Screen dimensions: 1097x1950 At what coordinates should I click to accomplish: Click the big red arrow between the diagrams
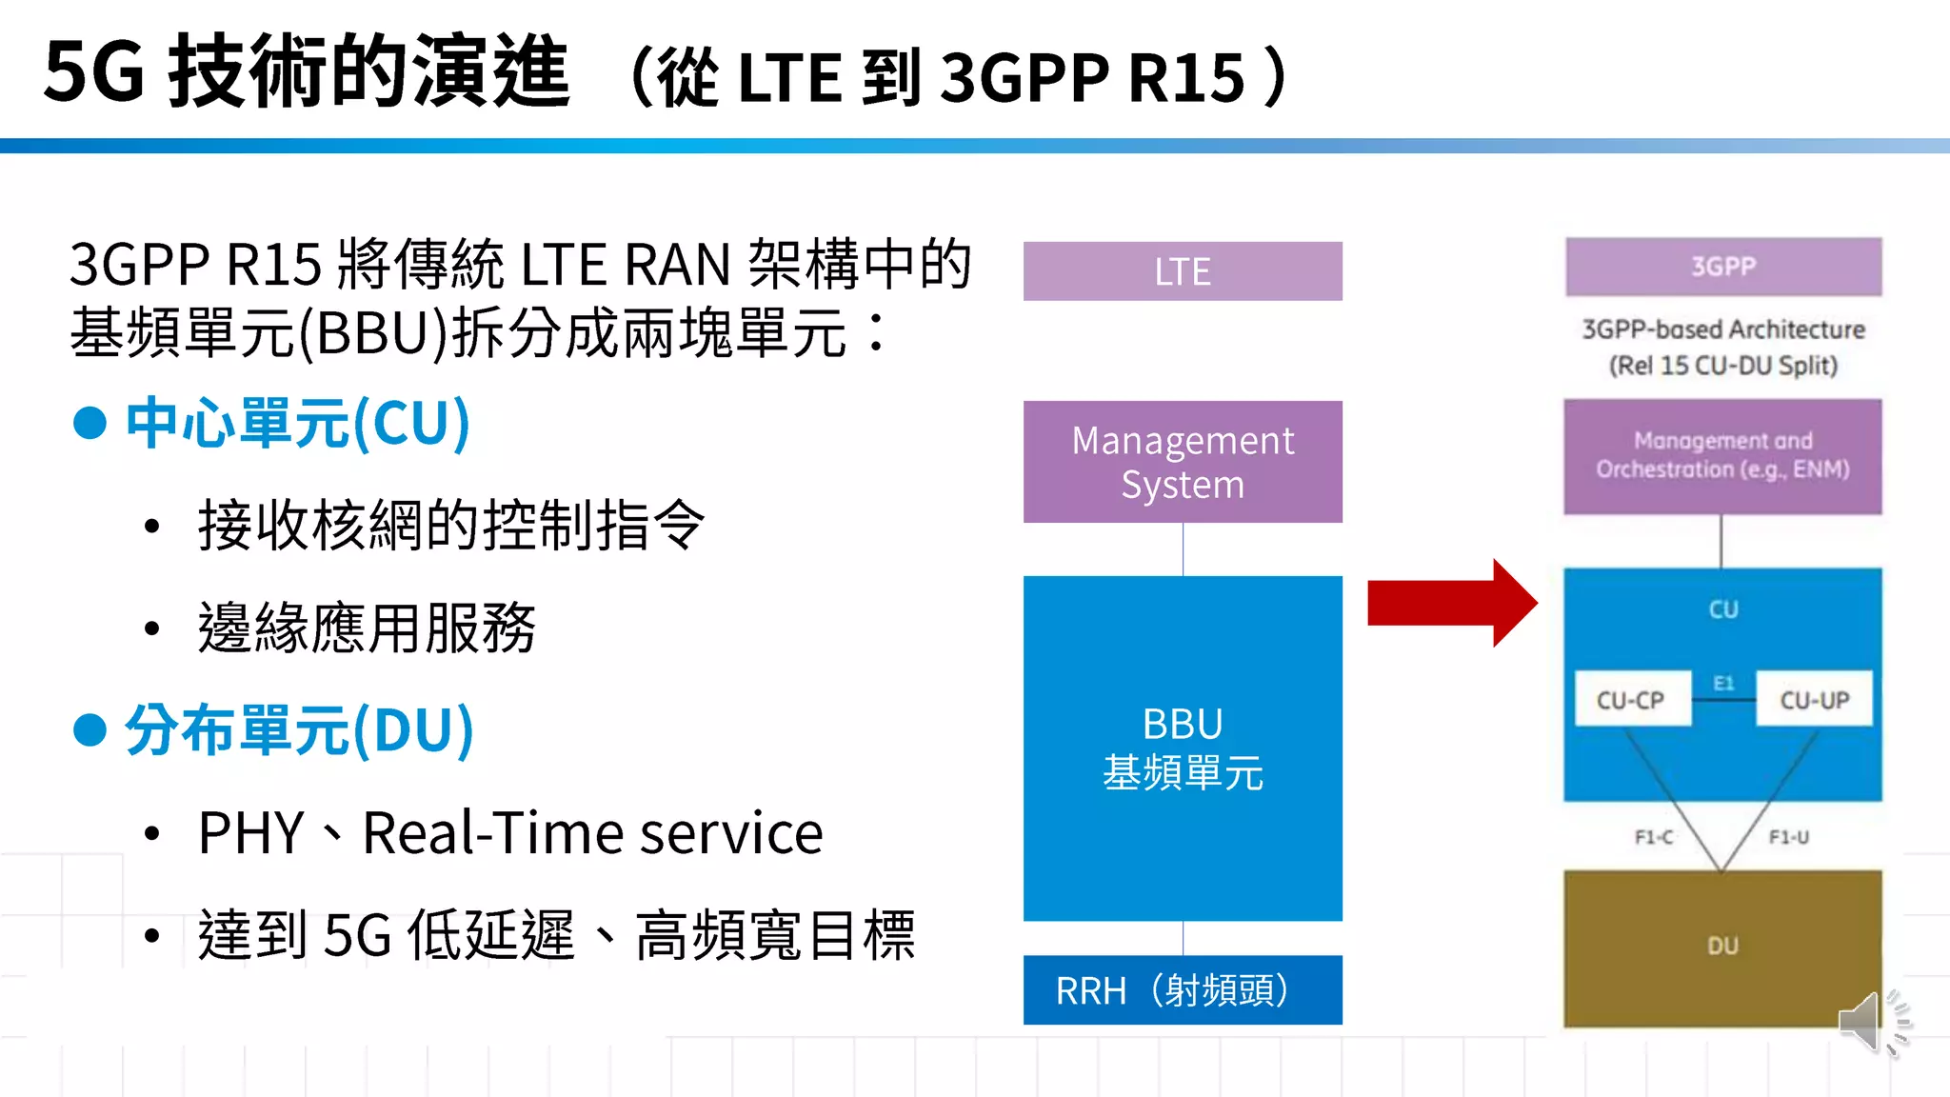coord(1452,604)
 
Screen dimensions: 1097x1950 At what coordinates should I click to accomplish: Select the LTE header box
coord(1183,271)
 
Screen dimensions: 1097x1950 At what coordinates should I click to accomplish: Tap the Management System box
coord(1183,462)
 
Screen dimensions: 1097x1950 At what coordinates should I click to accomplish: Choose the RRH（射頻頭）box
coord(1183,990)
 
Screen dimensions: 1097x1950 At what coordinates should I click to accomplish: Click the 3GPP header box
coord(1723,267)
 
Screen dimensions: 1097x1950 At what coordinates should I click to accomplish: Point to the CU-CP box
coord(1632,700)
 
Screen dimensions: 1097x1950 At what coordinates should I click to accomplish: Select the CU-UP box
coord(1814,700)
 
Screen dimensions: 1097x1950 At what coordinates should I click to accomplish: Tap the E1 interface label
coord(1723,683)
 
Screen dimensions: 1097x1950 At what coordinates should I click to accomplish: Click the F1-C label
coord(1654,837)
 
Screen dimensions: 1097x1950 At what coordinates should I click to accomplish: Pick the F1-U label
coord(1788,837)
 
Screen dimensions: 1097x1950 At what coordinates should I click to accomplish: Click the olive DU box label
coord(1722,946)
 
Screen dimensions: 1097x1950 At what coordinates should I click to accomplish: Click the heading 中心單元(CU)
coord(298,423)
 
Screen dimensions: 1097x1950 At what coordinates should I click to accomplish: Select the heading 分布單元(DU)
coord(299,730)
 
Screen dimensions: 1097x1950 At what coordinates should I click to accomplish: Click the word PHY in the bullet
coord(250,833)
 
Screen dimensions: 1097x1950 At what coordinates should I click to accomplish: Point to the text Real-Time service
coord(592,833)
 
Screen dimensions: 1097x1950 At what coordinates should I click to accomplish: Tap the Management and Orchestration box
coord(1722,456)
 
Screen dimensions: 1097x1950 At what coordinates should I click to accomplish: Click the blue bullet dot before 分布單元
coord(90,730)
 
